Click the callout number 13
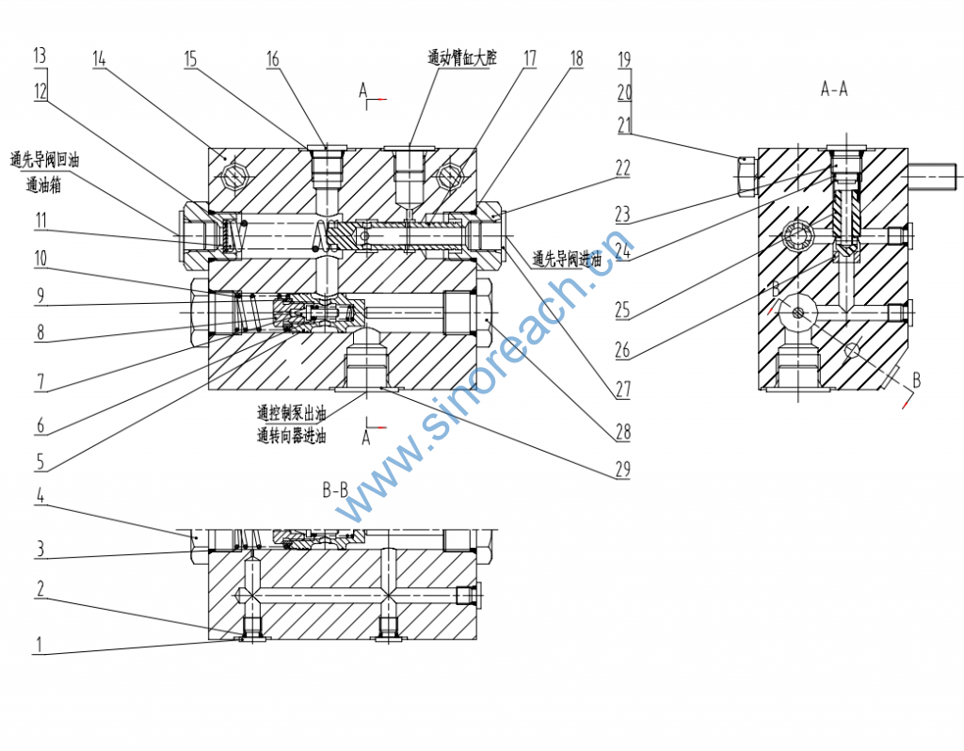[39, 56]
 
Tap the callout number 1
[39, 645]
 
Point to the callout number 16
[273, 58]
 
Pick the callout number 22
[623, 168]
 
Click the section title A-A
[834, 90]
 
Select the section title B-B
[335, 490]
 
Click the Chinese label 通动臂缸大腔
[461, 57]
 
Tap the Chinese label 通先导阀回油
[44, 161]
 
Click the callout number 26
[623, 351]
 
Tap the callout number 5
[39, 462]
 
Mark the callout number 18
[576, 58]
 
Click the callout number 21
[623, 126]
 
